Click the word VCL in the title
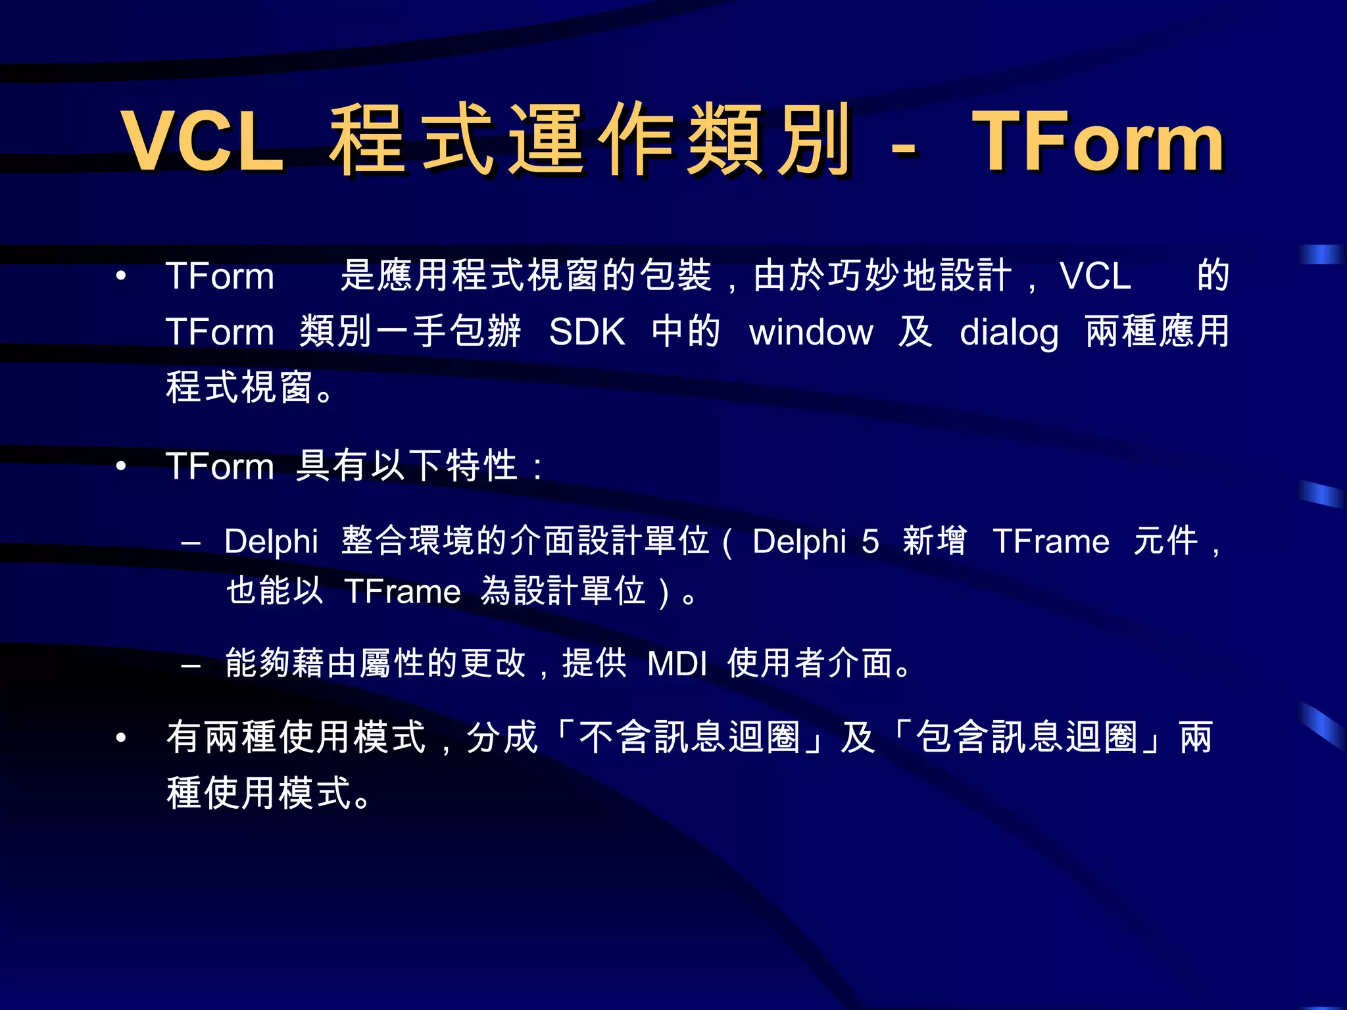203,140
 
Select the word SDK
587,331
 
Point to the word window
811,331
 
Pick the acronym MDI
677,663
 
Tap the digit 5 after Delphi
870,542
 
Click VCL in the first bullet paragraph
1095,276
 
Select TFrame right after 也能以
402,590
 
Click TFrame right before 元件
1051,542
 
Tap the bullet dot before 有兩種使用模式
121,738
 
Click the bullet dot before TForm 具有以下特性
121,466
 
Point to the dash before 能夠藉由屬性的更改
191,666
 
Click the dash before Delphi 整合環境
191,544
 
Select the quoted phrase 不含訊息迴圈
689,737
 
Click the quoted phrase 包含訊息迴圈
1026,737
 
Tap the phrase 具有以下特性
406,466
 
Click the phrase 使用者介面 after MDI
812,663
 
